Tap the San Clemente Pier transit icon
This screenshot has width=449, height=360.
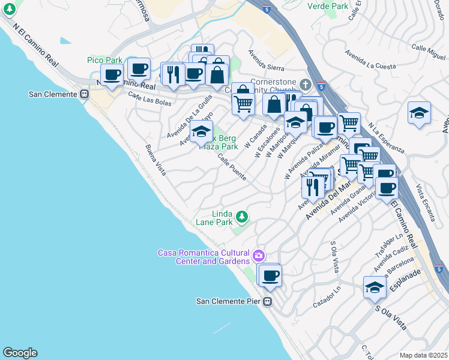coord(268,302)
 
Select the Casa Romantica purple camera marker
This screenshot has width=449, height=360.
coord(259,256)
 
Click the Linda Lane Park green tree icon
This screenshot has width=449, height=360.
coord(241,215)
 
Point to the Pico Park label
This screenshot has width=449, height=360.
coord(104,60)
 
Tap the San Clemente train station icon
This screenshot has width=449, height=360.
coord(85,94)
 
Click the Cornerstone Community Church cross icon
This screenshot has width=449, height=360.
coord(306,84)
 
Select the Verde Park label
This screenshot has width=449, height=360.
coord(328,6)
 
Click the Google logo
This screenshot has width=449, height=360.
coord(19,353)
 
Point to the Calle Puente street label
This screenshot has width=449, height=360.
coord(232,167)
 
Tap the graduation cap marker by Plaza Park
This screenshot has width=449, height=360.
coord(202,131)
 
